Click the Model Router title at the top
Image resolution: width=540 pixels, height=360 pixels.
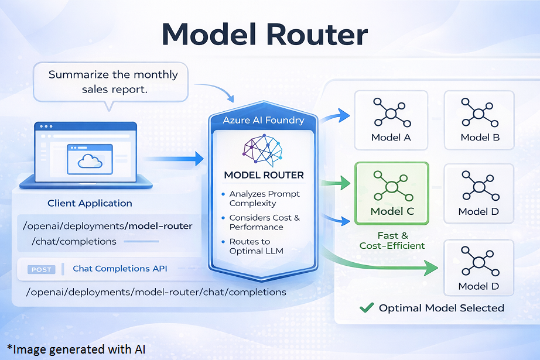pos(265,35)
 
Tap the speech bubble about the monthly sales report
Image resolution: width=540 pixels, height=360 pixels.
pos(113,82)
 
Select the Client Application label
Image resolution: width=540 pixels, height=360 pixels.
pos(90,203)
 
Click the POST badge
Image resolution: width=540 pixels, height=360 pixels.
pos(42,269)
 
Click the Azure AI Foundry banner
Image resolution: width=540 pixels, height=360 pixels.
pos(264,121)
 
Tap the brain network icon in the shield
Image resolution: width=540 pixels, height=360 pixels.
pos(264,150)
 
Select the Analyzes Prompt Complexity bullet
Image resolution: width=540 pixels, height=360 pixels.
pos(264,198)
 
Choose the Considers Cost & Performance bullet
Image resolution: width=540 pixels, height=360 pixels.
pos(264,222)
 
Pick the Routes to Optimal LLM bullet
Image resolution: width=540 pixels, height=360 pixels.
pos(258,246)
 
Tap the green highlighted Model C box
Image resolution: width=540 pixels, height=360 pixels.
pos(392,193)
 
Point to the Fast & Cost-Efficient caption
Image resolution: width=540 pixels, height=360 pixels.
pos(392,241)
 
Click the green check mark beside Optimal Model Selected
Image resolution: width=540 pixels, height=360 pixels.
pos(367,307)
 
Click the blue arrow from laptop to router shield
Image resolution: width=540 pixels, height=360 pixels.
pos(172,158)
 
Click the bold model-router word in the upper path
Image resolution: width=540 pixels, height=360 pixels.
pos(159,226)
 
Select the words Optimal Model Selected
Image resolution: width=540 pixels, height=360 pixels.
pos(441,308)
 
